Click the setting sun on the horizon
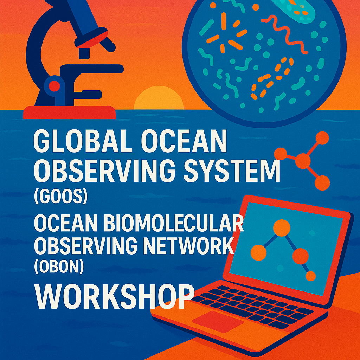click(159, 98)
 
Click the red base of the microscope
click(70, 112)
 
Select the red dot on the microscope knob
click(54, 86)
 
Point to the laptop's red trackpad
click(218, 321)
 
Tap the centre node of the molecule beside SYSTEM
click(303, 161)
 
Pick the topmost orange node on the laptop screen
click(282, 227)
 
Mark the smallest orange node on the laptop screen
click(311, 276)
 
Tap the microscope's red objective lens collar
click(91, 39)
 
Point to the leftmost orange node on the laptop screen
click(258, 252)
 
